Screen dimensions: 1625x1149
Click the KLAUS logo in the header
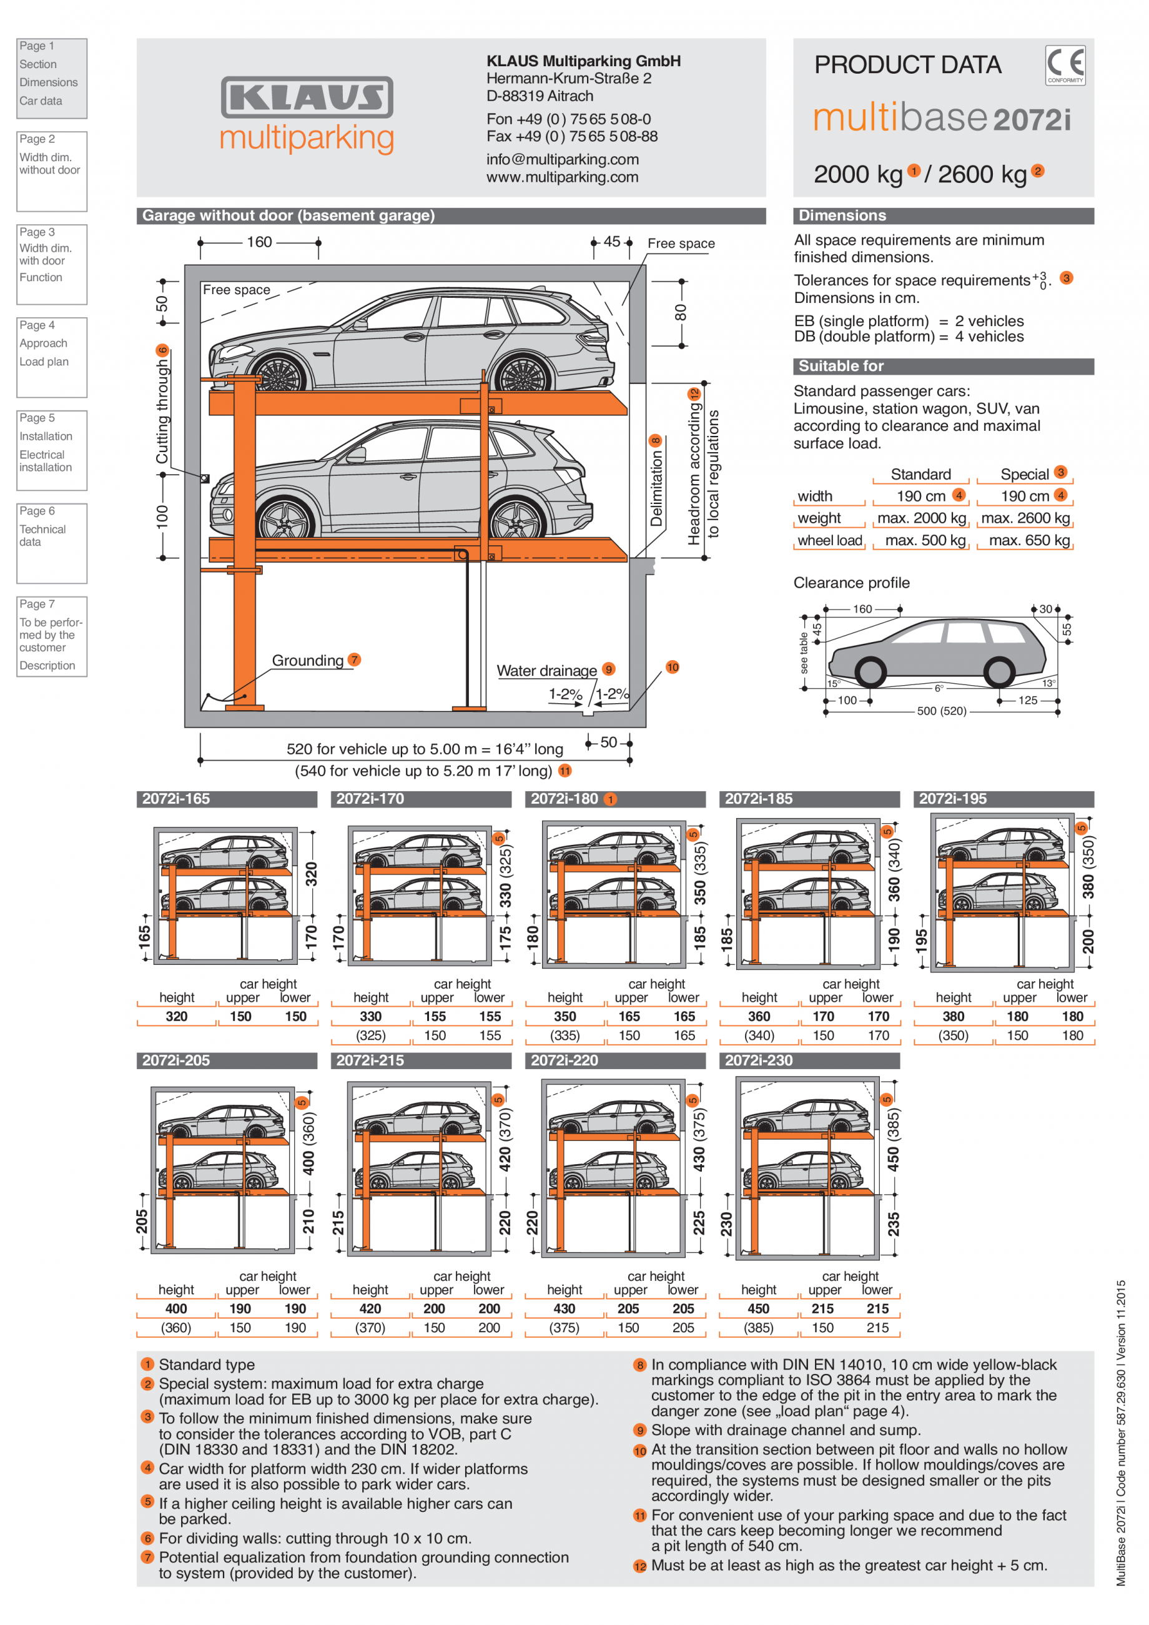click(307, 97)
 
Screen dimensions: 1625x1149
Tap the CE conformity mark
click(1065, 65)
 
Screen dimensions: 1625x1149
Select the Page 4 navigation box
click(52, 357)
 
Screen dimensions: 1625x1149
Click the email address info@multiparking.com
click(562, 159)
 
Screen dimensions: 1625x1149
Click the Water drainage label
click(546, 670)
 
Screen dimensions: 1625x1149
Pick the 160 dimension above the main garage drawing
click(259, 242)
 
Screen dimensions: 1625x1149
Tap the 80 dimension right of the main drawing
click(680, 312)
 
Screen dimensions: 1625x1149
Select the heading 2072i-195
click(952, 798)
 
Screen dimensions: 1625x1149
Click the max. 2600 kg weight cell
click(1025, 518)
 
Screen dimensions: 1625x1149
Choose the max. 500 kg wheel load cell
click(925, 540)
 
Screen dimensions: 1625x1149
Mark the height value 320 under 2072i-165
click(176, 1016)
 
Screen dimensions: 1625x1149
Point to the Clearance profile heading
click(851, 583)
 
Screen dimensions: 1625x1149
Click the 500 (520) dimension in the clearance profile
click(941, 711)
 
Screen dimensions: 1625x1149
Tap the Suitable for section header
click(841, 366)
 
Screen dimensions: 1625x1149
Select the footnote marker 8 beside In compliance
click(639, 1365)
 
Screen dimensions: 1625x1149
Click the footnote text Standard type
click(206, 1365)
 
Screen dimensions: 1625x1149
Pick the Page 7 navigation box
click(52, 636)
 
